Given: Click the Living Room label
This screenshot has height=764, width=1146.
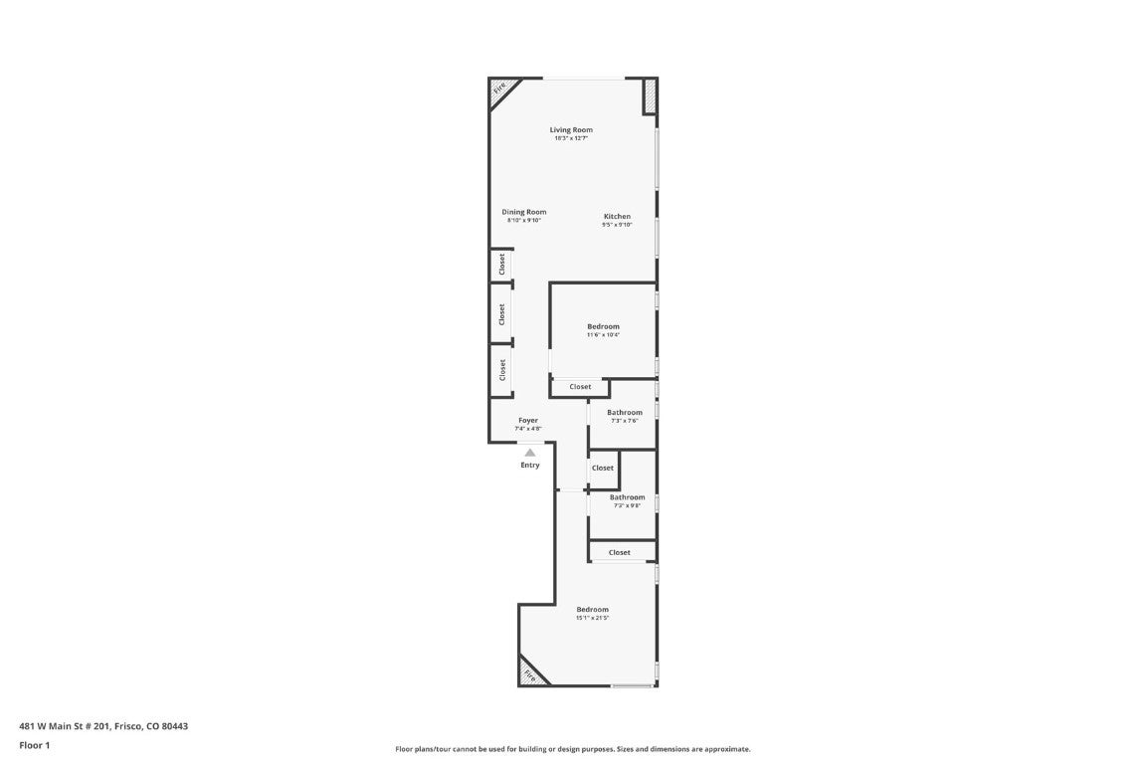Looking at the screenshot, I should (x=571, y=129).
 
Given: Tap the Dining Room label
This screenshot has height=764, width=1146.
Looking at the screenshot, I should (x=523, y=212).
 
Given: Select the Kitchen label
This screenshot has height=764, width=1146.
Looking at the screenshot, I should (x=617, y=216).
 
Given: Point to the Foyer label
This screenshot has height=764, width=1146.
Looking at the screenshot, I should (x=527, y=420).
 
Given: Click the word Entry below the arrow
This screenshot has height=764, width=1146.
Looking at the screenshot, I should (x=530, y=465).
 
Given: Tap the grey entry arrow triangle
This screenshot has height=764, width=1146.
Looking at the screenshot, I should (x=530, y=453).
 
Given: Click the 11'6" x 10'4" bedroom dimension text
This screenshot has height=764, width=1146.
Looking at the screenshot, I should (x=603, y=335).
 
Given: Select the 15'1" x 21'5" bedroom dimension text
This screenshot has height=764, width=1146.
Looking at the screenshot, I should (x=592, y=618).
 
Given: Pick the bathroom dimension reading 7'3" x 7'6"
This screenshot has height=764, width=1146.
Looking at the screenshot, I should (x=625, y=421).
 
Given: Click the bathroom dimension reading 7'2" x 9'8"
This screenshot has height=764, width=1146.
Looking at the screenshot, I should (x=627, y=505).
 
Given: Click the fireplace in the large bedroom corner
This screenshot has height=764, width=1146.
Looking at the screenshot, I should (x=530, y=675).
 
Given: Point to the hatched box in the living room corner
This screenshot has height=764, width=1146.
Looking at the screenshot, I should (x=649, y=95).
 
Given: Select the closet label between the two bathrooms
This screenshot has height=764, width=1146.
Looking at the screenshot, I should (x=603, y=468).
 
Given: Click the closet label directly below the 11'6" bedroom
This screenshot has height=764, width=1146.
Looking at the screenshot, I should (x=580, y=387).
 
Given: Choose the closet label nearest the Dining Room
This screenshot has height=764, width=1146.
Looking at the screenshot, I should (x=502, y=264).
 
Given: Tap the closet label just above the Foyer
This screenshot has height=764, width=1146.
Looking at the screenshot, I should (x=502, y=370).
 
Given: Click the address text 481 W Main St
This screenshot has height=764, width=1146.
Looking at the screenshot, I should (x=103, y=726).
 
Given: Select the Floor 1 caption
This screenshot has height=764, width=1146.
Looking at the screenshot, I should (x=34, y=745).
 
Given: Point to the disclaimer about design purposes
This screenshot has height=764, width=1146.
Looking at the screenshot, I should (x=572, y=749).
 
